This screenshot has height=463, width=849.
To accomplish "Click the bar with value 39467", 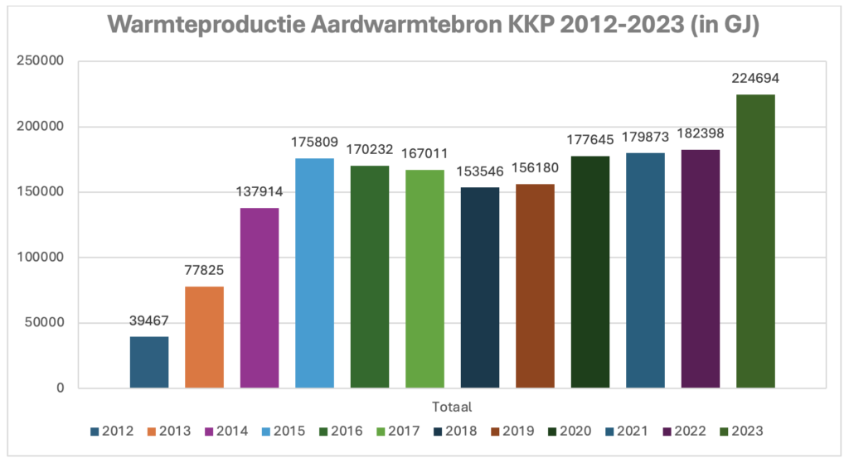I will (149, 362).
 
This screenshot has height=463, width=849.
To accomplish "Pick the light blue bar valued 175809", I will (314, 273).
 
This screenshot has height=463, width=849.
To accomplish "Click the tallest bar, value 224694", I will (755, 241).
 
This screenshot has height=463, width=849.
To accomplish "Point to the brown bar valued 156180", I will (535, 286).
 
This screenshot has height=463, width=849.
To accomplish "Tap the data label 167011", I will (424, 153).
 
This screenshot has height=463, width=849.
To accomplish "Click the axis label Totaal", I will (452, 407).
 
